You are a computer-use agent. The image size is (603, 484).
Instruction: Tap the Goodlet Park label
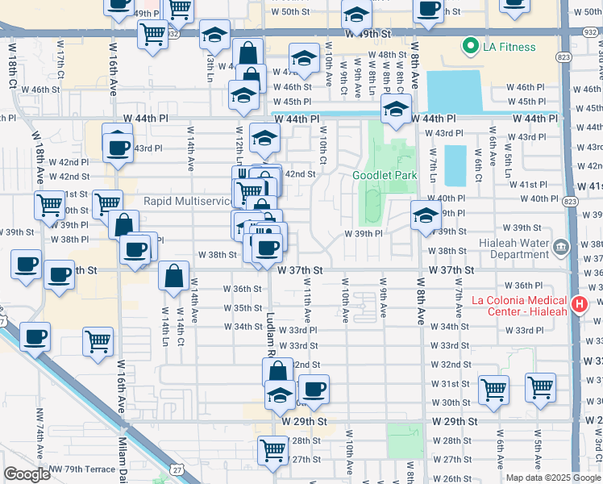[385, 175]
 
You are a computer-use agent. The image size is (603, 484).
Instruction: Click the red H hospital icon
[578, 304]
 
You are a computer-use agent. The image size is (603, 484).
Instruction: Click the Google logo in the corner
[27, 474]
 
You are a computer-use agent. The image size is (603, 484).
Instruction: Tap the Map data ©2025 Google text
[552, 478]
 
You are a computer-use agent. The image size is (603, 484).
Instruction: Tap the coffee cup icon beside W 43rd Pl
[118, 148]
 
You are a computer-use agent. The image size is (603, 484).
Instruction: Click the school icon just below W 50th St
[355, 16]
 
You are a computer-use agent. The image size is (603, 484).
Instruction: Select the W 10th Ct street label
[322, 146]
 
